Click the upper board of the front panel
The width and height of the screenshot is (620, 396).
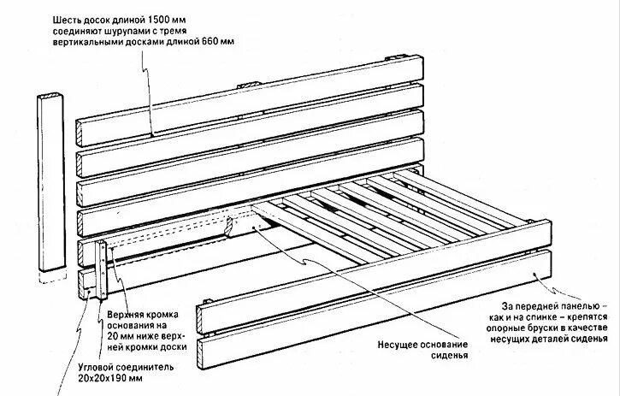tap(368, 274)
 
